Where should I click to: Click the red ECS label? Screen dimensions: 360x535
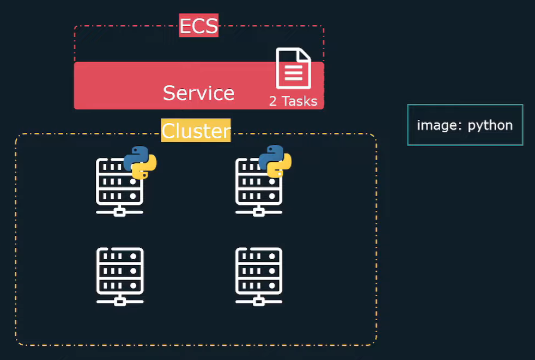(198, 26)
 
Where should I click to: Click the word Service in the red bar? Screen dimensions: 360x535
(198, 93)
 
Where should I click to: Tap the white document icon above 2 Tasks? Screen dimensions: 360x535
(293, 69)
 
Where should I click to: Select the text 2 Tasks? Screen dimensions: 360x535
(293, 101)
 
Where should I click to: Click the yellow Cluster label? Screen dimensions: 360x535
(196, 131)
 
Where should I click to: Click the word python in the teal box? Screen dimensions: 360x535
(490, 125)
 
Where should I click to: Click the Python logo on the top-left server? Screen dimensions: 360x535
(140, 162)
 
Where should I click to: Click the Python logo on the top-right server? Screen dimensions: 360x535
(275, 161)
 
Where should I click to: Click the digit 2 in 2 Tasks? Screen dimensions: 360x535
(273, 101)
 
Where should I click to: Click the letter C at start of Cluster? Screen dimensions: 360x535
(168, 131)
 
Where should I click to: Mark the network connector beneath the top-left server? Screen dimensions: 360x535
(120, 211)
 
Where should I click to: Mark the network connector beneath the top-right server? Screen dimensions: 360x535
(259, 211)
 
